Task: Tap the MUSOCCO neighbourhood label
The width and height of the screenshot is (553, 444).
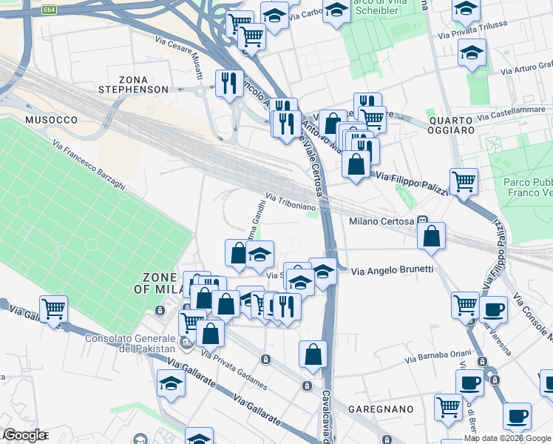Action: pyautogui.click(x=51, y=119)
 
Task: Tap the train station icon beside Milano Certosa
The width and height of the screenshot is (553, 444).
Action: pyautogui.click(x=421, y=220)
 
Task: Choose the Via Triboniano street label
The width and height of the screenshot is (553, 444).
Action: pyautogui.click(x=291, y=203)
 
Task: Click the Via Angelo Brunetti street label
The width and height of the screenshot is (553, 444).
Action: pyautogui.click(x=391, y=270)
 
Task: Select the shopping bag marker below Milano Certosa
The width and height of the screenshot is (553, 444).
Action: pyautogui.click(x=432, y=237)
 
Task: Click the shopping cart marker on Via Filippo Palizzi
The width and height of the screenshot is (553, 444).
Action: pyautogui.click(x=464, y=181)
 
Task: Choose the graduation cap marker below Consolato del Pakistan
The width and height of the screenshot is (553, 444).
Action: pyautogui.click(x=170, y=383)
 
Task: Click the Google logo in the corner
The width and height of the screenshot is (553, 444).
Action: pyautogui.click(x=25, y=435)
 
